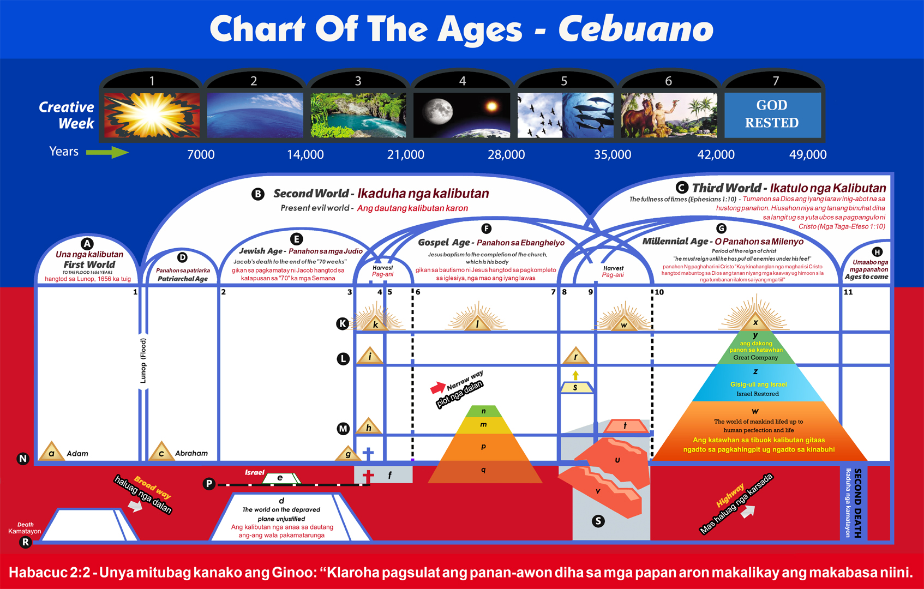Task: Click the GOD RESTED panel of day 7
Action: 772,115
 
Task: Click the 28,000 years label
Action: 506,155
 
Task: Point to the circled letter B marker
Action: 258,194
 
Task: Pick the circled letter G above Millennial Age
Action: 721,229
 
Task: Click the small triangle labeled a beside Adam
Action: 51,452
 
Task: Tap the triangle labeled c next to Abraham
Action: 161,452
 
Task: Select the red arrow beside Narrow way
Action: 437,388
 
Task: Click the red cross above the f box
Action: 368,475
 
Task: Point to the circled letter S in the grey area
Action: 598,521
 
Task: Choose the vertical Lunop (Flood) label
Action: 143,360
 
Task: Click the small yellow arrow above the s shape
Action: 575,375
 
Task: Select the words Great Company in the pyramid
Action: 755,358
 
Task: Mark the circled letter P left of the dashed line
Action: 209,484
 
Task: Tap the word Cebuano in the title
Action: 635,29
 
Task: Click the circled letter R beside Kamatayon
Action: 25,542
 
